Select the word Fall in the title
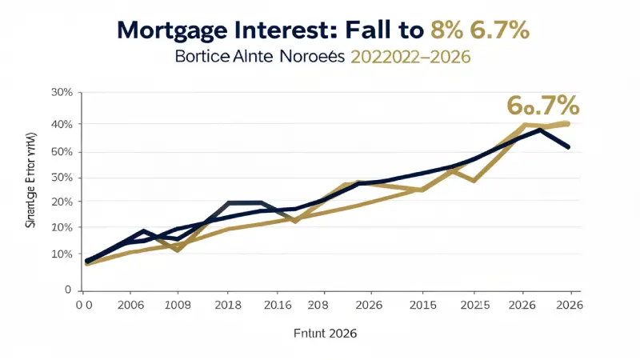(x=374, y=31)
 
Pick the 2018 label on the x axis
(x=228, y=305)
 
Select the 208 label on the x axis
(x=318, y=305)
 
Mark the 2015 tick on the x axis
(x=422, y=305)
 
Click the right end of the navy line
(x=569, y=147)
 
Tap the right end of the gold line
(x=567, y=122)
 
